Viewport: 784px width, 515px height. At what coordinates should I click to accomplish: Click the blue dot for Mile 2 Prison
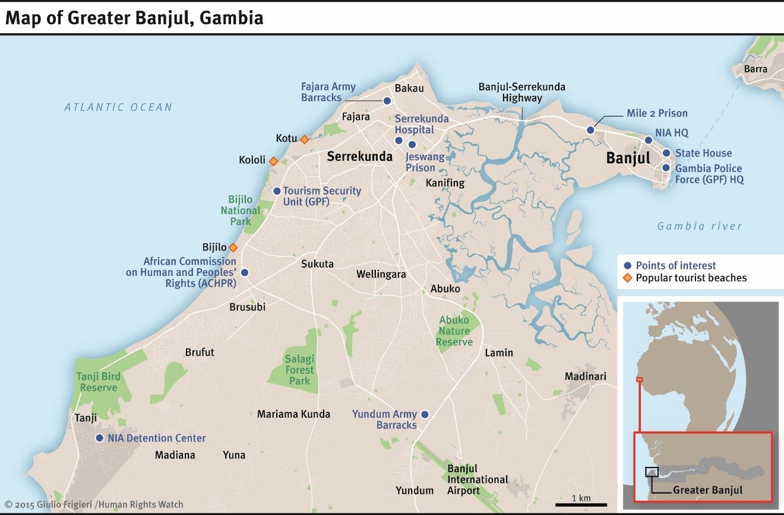tap(590, 130)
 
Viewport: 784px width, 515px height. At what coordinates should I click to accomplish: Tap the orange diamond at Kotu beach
tap(304, 139)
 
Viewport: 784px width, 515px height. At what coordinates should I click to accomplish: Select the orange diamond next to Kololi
tap(273, 161)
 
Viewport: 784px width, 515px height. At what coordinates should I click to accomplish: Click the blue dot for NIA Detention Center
tap(99, 438)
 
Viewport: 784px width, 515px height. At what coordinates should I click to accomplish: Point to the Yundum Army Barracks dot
tap(424, 414)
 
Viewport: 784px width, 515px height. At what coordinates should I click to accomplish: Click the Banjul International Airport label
tap(478, 479)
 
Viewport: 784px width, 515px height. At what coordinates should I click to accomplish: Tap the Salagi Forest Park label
tap(299, 370)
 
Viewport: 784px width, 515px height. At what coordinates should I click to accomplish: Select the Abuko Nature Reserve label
tap(454, 331)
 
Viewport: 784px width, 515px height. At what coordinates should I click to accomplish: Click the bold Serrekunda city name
tap(360, 157)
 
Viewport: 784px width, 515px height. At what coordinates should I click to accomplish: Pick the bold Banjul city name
tap(628, 158)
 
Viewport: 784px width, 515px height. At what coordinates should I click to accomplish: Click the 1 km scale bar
tap(581, 504)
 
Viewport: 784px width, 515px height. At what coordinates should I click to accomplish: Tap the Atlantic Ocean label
tap(118, 107)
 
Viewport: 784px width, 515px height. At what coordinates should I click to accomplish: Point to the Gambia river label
tap(700, 226)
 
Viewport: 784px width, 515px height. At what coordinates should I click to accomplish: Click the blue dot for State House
tap(666, 154)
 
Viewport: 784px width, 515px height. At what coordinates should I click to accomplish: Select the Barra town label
tap(755, 69)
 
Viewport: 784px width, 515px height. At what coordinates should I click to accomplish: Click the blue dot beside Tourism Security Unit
tap(276, 191)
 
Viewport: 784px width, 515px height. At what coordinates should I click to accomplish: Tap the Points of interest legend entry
tap(675, 266)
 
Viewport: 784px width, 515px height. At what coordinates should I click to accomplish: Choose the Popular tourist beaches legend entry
tap(691, 278)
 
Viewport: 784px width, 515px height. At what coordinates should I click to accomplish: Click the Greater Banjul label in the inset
tap(707, 490)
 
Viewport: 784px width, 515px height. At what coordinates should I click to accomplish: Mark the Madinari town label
tap(586, 377)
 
